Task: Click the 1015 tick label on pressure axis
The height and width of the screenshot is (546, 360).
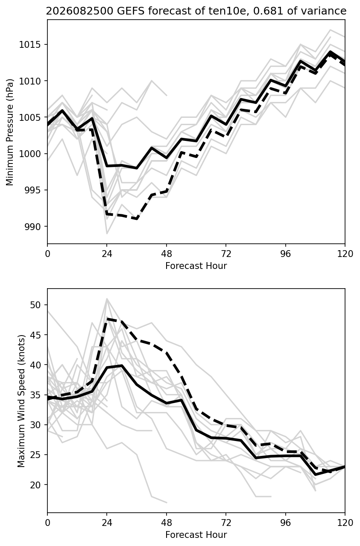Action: click(30, 44)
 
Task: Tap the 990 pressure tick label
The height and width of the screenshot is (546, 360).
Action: click(33, 227)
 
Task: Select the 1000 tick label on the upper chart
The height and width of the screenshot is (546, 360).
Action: click(30, 154)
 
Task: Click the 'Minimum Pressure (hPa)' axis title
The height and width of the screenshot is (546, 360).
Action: click(10, 132)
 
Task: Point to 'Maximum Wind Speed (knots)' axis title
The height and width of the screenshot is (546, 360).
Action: click(21, 401)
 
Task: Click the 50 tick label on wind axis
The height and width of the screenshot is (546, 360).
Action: click(35, 305)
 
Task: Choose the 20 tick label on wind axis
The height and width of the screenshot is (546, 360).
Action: click(35, 485)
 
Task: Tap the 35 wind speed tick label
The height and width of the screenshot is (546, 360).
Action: click(35, 395)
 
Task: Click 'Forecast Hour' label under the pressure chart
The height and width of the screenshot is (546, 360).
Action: click(196, 266)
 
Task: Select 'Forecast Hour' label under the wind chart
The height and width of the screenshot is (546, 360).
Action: click(196, 535)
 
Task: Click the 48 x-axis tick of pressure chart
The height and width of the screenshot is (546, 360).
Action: click(167, 254)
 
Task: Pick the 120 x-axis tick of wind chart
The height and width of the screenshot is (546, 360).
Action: click(345, 523)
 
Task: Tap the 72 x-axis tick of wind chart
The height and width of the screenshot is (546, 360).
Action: click(226, 523)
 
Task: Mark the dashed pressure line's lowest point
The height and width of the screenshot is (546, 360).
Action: click(137, 219)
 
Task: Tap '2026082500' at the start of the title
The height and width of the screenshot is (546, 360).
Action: click(79, 11)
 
